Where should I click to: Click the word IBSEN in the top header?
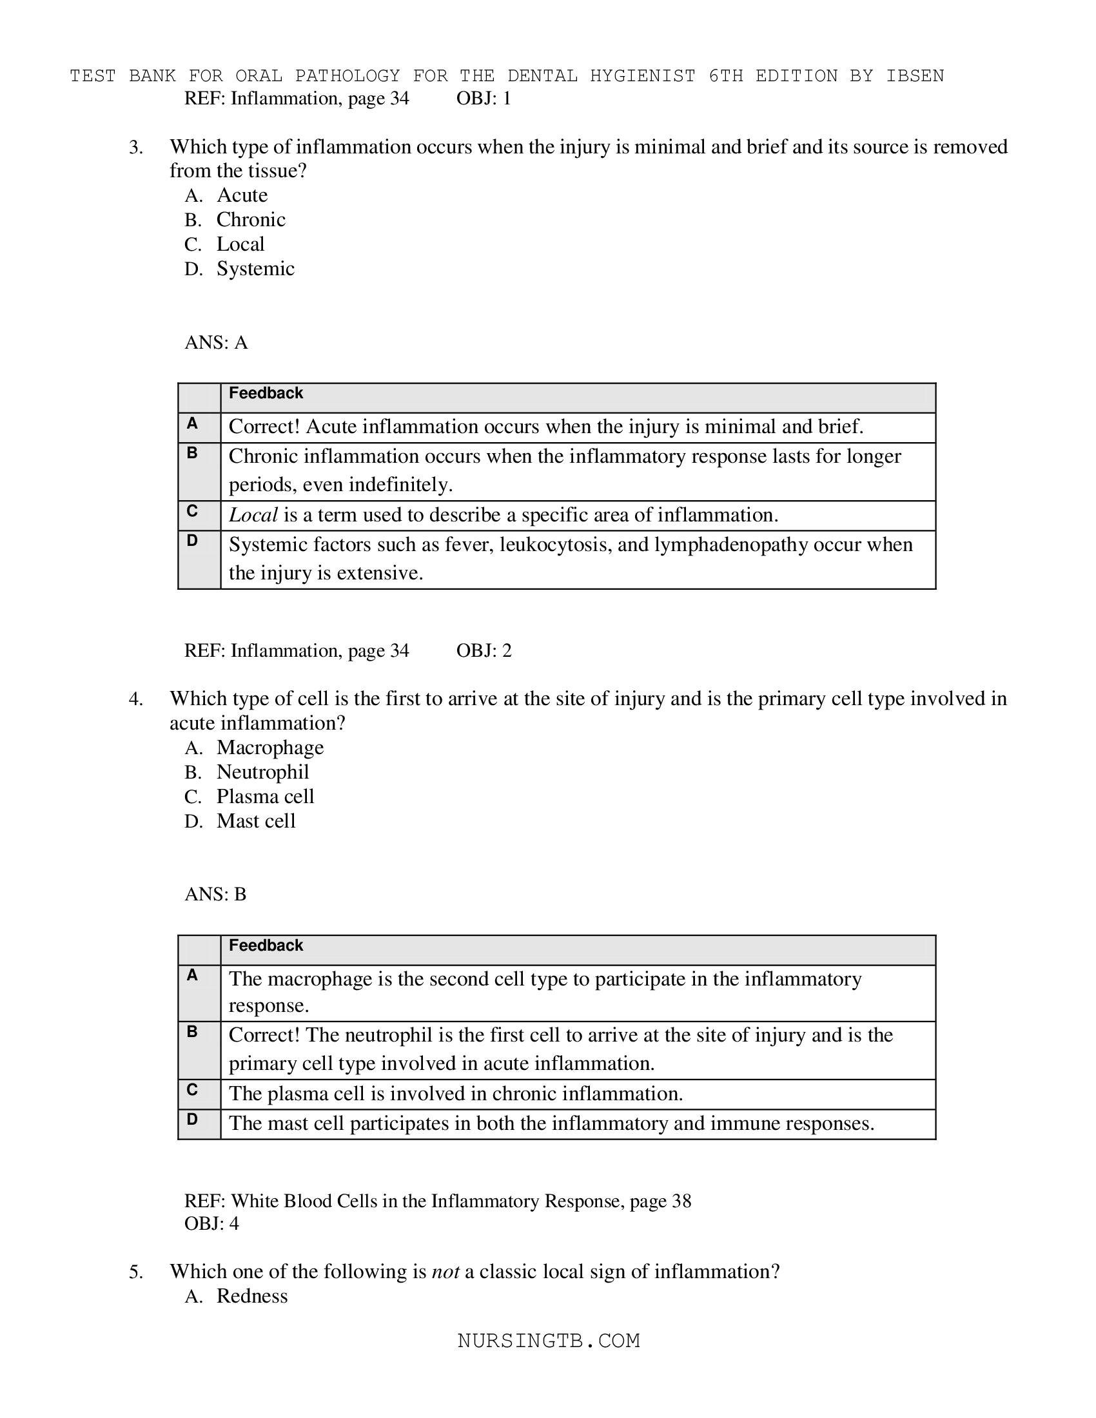(x=915, y=76)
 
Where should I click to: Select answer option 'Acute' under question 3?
(x=242, y=195)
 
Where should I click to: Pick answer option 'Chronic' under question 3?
(x=251, y=220)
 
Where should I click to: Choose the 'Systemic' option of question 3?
(x=255, y=269)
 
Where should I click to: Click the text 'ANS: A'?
(x=216, y=343)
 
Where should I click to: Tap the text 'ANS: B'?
(x=215, y=895)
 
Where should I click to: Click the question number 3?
(x=135, y=148)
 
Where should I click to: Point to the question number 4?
(x=135, y=700)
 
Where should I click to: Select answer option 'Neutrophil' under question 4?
(x=262, y=772)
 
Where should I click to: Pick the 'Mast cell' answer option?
(x=256, y=821)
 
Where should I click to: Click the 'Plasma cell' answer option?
(x=265, y=797)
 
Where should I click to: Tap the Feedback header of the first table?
(x=266, y=393)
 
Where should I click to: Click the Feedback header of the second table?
(x=266, y=946)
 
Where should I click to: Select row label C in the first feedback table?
(x=192, y=512)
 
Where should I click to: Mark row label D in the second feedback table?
(x=192, y=1120)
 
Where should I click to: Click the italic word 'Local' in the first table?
(x=253, y=516)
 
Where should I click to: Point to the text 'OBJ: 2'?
(x=484, y=650)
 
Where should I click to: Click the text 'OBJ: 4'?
(x=211, y=1224)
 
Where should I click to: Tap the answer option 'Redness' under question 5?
(x=252, y=1297)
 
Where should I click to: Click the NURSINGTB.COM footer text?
(x=549, y=1341)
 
